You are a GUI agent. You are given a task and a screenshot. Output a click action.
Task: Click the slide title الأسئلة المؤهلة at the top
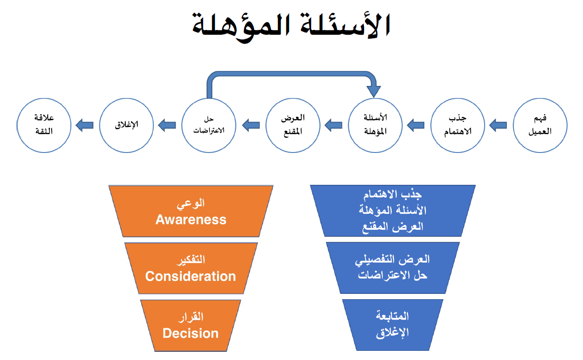(291, 25)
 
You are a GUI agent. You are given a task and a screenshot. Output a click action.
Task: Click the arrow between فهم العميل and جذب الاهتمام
(498, 125)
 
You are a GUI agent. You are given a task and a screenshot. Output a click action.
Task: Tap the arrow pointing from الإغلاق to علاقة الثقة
(85, 125)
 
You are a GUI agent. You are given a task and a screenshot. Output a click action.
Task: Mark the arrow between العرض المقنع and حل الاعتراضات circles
(251, 125)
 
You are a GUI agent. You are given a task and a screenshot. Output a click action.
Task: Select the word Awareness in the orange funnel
(191, 220)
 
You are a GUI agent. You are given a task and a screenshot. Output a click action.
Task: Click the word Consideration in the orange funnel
(190, 276)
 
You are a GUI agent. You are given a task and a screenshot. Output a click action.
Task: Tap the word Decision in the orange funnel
(190, 333)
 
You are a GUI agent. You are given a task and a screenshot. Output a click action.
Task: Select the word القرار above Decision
(191, 317)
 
